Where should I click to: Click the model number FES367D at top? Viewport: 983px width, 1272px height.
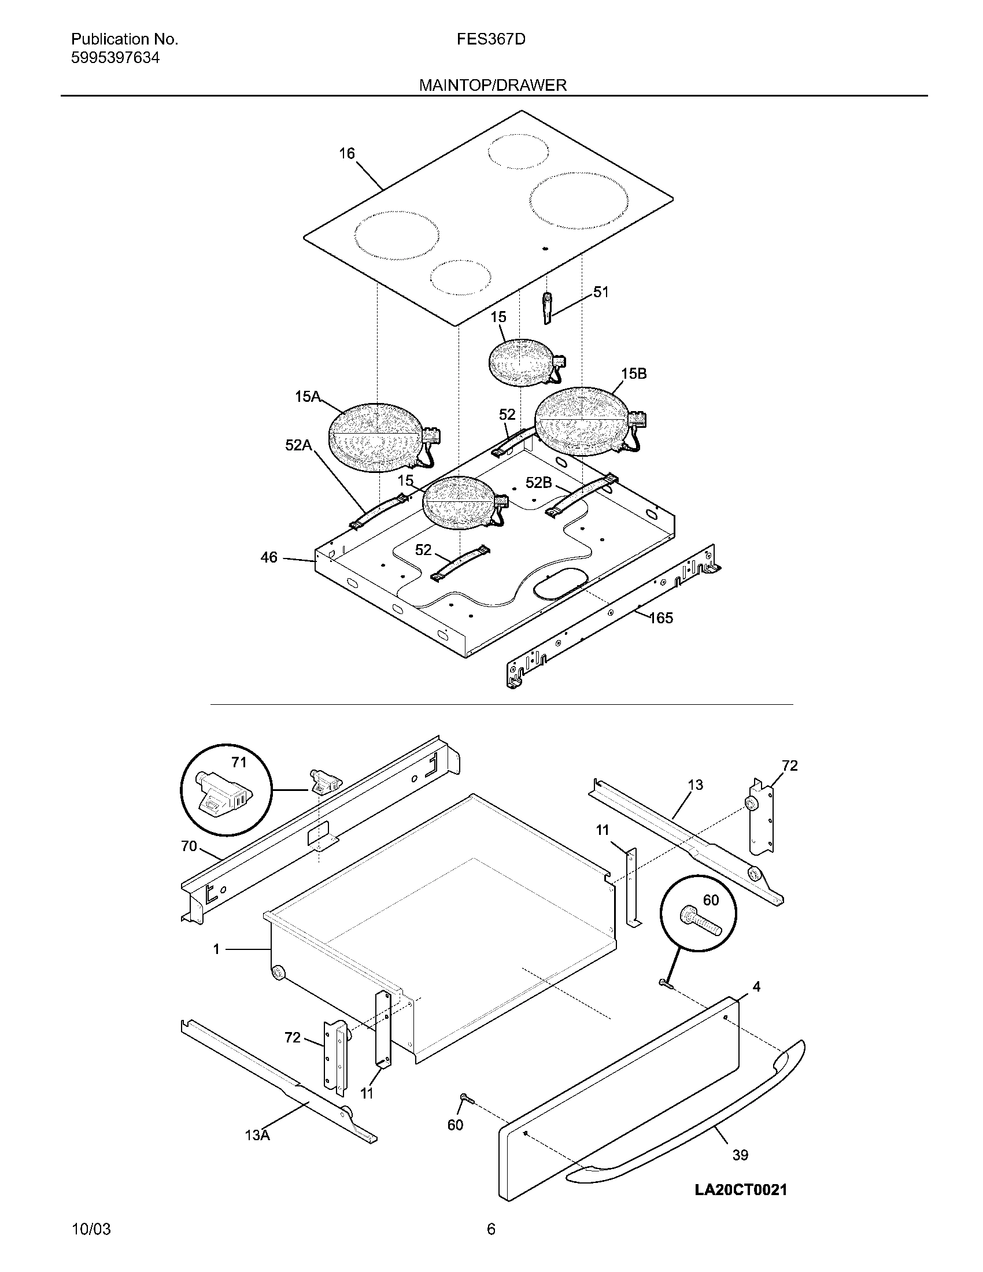point(490,39)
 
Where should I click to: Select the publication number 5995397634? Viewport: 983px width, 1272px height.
point(115,58)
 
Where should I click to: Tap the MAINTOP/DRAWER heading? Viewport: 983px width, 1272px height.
point(493,85)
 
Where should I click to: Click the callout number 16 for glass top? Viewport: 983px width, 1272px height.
point(346,153)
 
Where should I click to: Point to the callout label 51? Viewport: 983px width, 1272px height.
point(600,292)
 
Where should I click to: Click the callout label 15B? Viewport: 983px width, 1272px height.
point(634,374)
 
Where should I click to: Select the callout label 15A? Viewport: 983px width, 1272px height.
point(308,397)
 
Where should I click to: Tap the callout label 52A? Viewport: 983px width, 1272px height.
point(298,445)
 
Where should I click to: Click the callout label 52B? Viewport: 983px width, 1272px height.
point(538,482)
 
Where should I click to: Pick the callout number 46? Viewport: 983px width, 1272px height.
point(268,557)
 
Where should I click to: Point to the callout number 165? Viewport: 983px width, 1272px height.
point(661,618)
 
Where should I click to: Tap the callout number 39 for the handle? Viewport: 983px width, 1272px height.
point(740,1155)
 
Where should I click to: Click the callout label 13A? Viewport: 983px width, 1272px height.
point(257,1134)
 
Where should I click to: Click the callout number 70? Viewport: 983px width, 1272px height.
point(189,846)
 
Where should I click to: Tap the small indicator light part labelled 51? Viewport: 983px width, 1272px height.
point(547,308)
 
